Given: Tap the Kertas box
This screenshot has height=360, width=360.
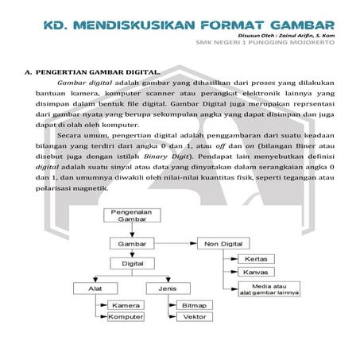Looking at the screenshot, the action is (257, 259).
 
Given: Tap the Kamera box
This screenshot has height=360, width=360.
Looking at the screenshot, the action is (126, 305).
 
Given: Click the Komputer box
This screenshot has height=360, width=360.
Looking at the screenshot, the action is (126, 317).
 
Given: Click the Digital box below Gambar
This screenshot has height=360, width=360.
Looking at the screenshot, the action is (132, 261).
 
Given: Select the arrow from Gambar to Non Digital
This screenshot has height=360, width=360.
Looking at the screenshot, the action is (176, 243).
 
